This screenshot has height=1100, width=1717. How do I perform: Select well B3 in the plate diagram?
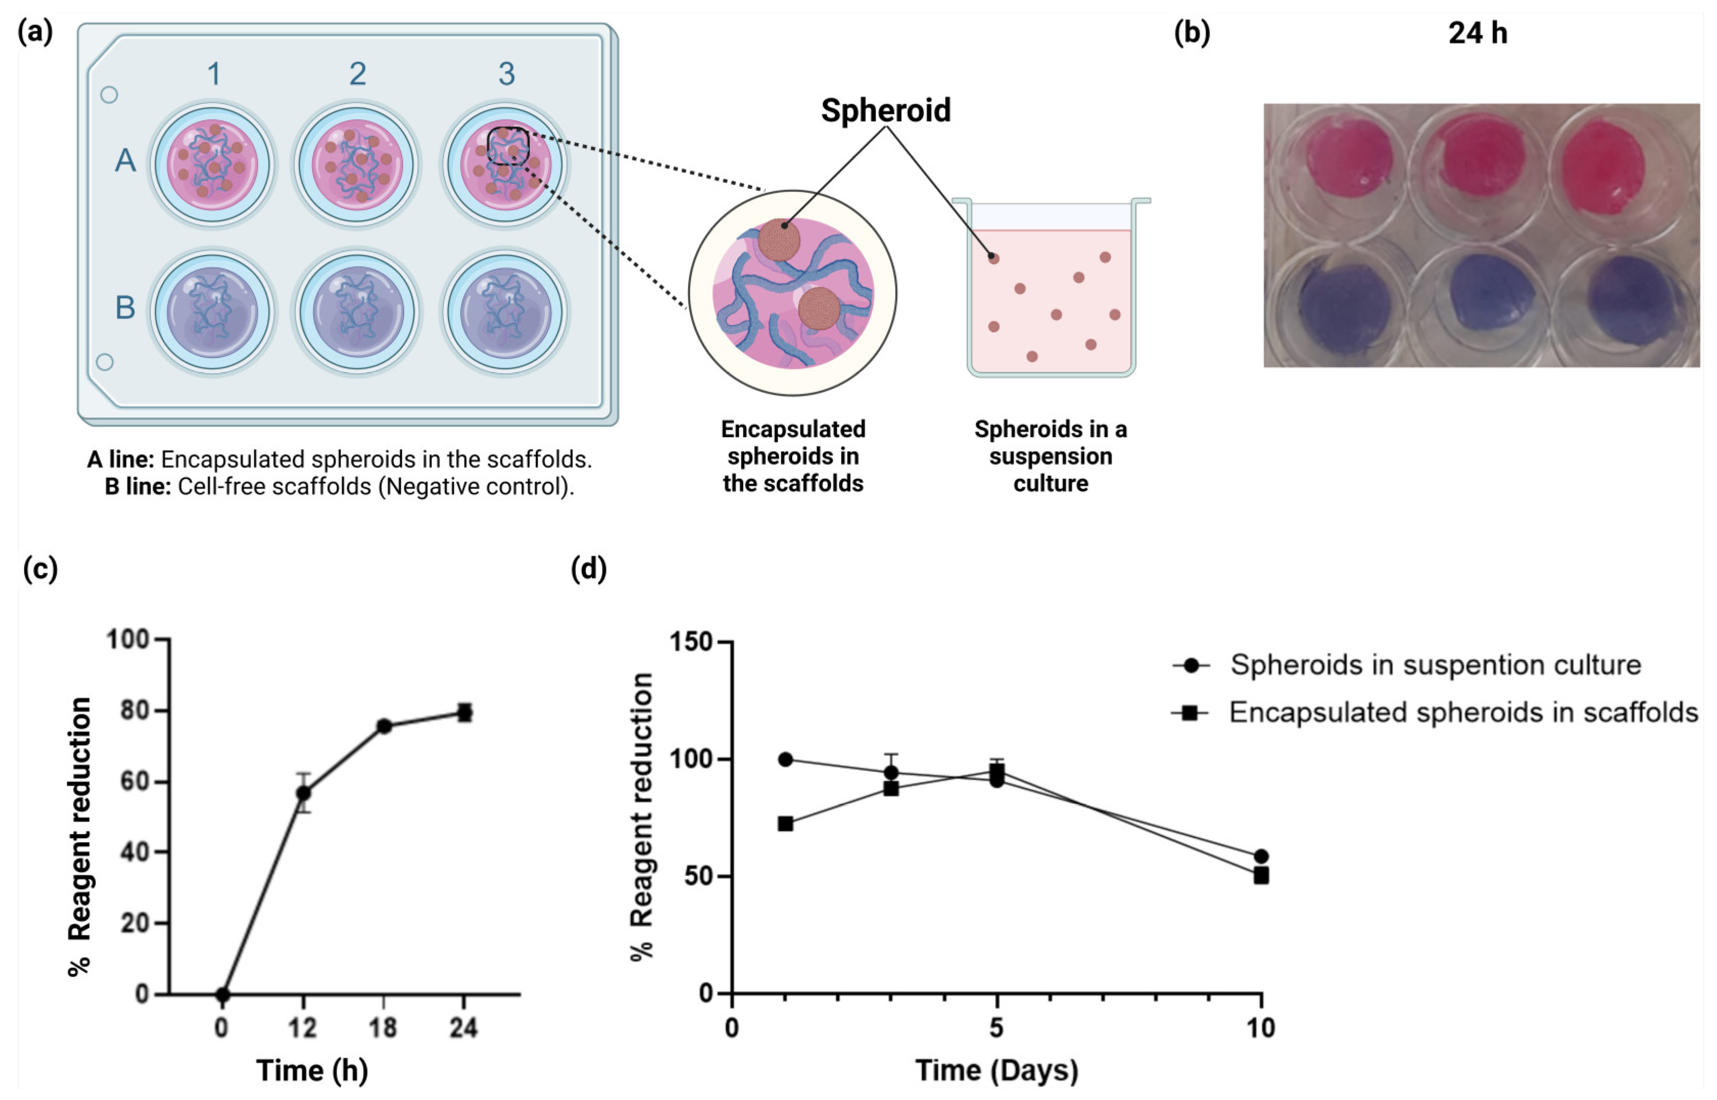(505, 311)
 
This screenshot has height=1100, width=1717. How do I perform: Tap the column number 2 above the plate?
(358, 74)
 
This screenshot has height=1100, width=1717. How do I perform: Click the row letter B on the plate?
(125, 307)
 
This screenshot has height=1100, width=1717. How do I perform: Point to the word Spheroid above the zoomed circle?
(885, 111)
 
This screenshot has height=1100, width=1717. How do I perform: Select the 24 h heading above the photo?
(1477, 34)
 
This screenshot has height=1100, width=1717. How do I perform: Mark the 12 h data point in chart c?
(304, 793)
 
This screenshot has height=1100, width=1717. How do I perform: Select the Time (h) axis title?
(312, 1070)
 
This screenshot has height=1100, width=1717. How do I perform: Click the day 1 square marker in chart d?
(786, 823)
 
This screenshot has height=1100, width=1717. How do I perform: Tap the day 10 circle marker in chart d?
(1261, 855)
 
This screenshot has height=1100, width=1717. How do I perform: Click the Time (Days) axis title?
(996, 1070)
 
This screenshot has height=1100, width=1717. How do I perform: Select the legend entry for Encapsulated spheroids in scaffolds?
(1463, 712)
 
